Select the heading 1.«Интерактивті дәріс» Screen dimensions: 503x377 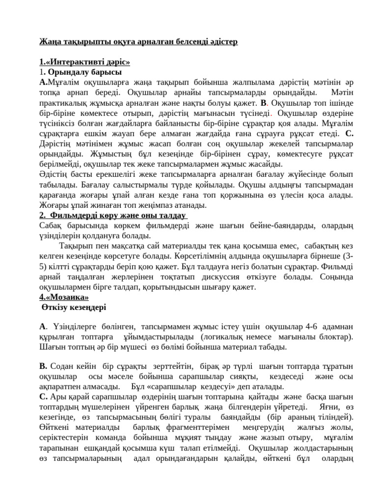click(84, 62)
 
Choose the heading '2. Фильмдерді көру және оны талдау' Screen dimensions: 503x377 click(114, 216)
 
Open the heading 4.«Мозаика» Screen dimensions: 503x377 click(64, 297)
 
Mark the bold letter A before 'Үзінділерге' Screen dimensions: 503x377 click(42, 326)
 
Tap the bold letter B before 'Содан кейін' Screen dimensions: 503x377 click(43, 366)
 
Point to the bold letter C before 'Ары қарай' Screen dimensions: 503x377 click(43, 397)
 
